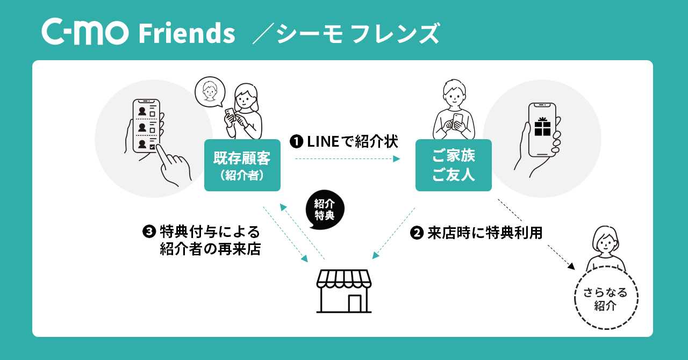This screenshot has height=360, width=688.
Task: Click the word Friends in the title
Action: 187,33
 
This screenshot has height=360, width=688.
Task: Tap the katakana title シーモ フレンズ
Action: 356,33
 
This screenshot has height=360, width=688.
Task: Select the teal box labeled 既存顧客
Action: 242,165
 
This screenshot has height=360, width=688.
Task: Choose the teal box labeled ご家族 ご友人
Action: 453,165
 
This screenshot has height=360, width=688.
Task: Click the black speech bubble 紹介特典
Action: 324,210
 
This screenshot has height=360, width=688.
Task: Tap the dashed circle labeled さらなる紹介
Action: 606,298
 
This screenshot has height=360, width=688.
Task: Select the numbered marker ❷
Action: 417,233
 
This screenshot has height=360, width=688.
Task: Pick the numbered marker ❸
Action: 149,232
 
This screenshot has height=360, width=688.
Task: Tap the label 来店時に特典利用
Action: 485,233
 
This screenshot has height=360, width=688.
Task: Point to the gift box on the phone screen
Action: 542,126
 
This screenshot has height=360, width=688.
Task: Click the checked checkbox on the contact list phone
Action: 153,146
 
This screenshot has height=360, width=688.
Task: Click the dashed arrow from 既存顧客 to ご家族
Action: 347,159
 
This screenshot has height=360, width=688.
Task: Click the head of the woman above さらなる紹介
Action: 606,241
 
